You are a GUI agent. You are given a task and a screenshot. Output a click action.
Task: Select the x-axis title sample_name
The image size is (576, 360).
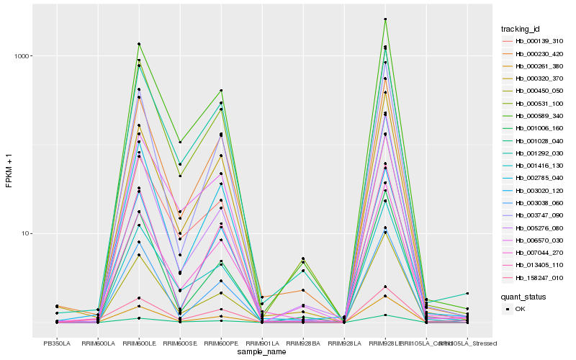(262, 352)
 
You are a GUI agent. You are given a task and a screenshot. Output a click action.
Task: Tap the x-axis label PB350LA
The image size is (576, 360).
(56, 343)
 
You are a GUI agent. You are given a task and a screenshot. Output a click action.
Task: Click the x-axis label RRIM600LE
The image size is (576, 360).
(139, 343)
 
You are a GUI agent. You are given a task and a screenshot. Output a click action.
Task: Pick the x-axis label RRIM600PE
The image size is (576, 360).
(221, 343)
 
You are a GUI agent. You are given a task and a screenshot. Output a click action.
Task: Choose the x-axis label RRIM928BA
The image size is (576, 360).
(303, 343)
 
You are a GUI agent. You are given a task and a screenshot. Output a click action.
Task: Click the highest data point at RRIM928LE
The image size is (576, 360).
(385, 19)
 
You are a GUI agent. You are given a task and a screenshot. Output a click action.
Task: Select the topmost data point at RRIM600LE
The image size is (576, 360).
(139, 44)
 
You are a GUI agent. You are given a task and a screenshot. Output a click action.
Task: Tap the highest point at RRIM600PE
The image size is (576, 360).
(221, 90)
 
